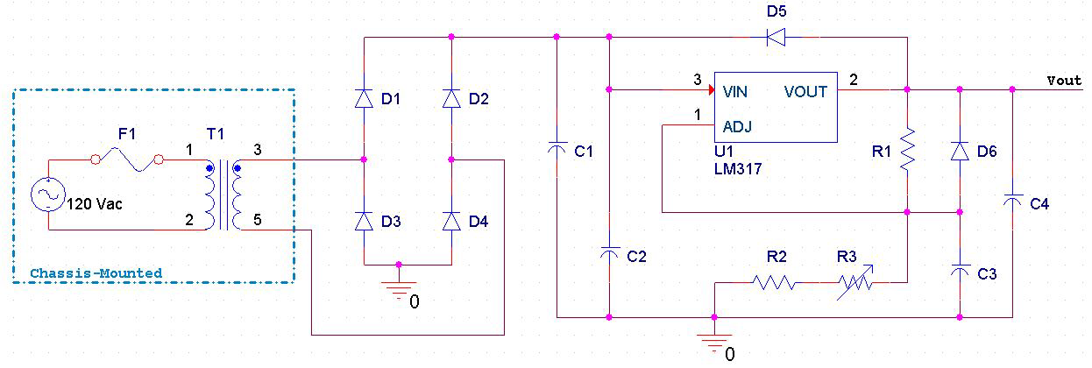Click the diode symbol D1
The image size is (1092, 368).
tap(364, 98)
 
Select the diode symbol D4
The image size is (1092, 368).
tap(451, 221)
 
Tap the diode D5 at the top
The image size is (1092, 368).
tap(775, 37)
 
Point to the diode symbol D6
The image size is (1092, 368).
tap(960, 152)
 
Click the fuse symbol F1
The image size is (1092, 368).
tap(126, 159)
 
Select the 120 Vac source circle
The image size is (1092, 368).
tap(48, 195)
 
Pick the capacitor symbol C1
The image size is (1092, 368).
tap(557, 152)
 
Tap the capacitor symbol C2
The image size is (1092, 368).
tap(609, 254)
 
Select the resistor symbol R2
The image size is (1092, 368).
tap(774, 282)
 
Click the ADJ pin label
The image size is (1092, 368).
tap(739, 126)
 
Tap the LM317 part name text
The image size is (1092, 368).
tap(738, 170)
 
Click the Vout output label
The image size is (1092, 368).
tap(1064, 80)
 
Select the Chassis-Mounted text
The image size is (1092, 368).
tap(96, 273)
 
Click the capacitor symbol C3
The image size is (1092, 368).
tap(960, 272)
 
